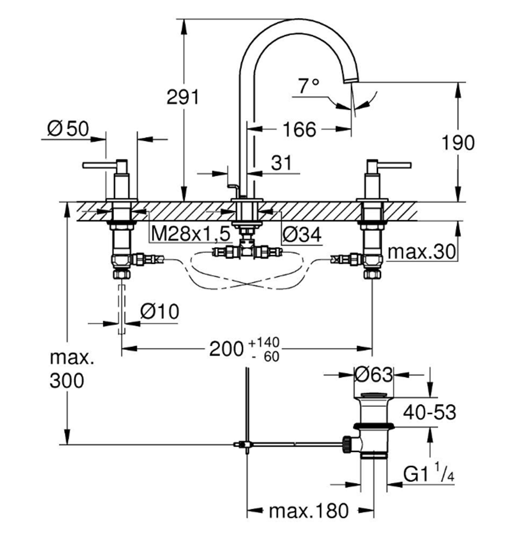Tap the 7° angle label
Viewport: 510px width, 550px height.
[308, 86]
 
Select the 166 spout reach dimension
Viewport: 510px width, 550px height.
[298, 129]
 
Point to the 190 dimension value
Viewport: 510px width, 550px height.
[458, 142]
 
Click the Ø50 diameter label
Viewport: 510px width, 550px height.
[67, 128]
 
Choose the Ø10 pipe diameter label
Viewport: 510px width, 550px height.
[158, 312]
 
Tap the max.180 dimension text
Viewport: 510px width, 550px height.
[308, 511]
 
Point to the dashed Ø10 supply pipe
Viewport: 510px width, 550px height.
[122, 307]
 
